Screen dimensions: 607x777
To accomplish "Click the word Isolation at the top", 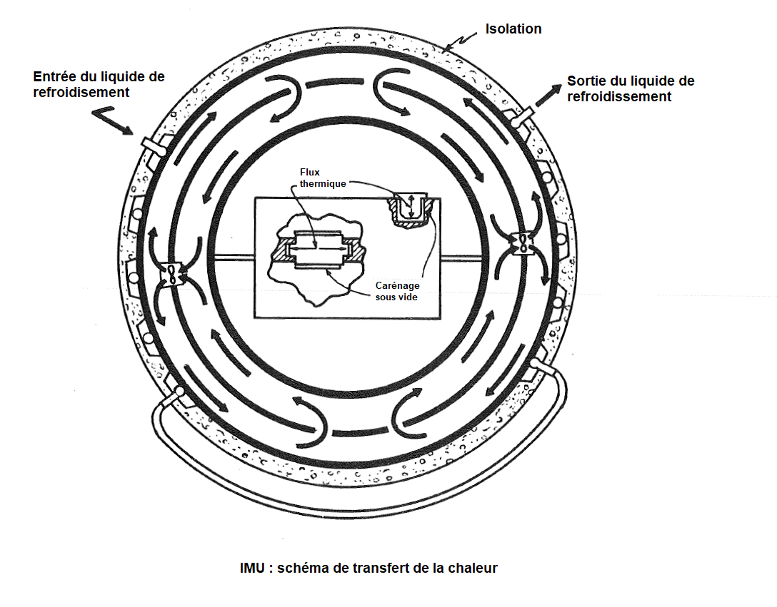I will pyautogui.click(x=513, y=29).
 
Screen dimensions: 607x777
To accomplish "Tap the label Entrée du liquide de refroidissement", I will pyautogui.click(x=99, y=84).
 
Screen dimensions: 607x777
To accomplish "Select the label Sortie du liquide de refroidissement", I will pyautogui.click(x=630, y=88).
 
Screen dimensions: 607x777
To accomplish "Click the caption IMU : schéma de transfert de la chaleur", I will pyautogui.click(x=369, y=568).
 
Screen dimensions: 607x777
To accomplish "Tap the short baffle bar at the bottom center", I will pyautogui.click(x=357, y=431).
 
